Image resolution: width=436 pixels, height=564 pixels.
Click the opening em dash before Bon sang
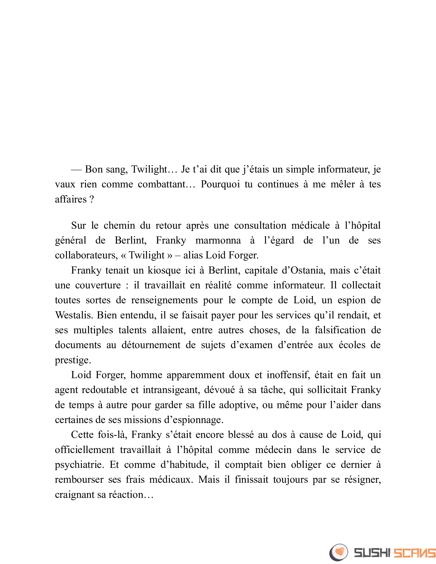point(76,170)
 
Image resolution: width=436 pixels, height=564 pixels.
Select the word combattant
point(161,184)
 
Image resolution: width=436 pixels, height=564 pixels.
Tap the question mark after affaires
point(92,199)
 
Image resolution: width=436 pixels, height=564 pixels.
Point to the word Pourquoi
point(220,184)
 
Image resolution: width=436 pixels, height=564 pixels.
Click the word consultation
point(260,226)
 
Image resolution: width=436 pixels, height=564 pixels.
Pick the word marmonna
point(218,240)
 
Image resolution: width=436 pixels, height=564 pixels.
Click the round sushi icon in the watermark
point(339,552)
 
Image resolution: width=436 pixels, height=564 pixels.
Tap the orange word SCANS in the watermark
point(414,553)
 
